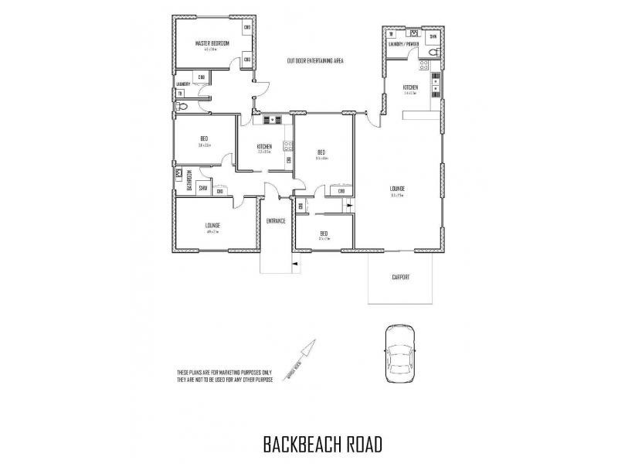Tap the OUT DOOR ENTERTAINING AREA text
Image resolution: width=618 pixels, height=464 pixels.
(315, 60)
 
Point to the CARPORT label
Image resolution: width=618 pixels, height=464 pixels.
(399, 277)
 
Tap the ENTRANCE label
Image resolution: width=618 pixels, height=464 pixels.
(276, 221)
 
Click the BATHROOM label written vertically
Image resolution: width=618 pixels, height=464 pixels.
(189, 180)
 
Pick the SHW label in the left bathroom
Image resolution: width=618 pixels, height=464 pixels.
(203, 188)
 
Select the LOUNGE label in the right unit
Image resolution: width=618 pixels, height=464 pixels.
(399, 188)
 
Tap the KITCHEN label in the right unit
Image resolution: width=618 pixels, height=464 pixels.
(410, 88)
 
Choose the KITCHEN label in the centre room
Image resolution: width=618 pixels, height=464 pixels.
(264, 146)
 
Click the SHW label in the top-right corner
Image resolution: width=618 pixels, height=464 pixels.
(433, 36)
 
